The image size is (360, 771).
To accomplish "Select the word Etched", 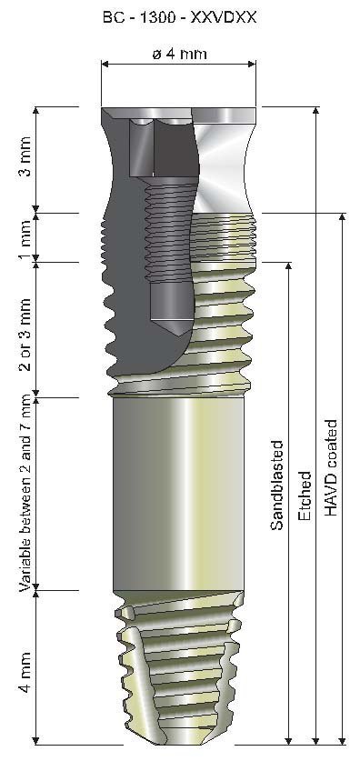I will [x=305, y=496].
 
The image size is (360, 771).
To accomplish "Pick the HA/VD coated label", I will [x=331, y=468].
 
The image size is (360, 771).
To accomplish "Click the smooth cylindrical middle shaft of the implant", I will [x=178, y=491].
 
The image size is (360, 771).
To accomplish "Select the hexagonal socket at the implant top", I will [x=145, y=145].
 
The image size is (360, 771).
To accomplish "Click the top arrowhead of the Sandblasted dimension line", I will [x=289, y=266].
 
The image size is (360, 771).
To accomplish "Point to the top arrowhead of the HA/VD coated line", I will [x=342, y=219].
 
